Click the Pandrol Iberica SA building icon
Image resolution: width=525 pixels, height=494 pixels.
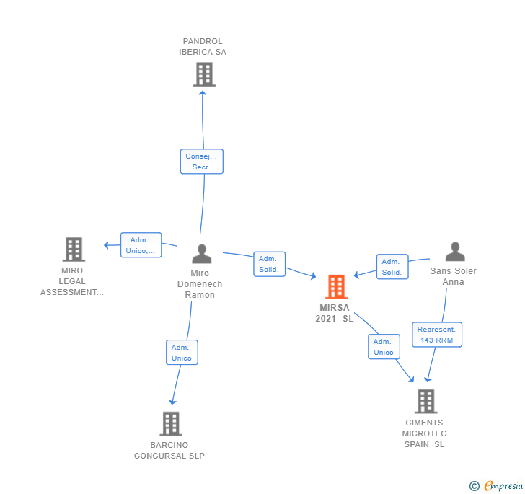tap(204, 74)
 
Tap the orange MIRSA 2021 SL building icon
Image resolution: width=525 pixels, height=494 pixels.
tap(335, 286)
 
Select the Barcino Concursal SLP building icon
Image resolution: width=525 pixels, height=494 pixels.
tap(171, 423)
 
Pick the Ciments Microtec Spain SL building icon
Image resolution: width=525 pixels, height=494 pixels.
tap(425, 401)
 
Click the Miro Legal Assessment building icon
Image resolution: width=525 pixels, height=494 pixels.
tap(74, 249)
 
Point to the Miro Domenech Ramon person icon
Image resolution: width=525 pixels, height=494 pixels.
tap(202, 254)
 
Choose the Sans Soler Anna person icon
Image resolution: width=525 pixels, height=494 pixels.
tap(454, 252)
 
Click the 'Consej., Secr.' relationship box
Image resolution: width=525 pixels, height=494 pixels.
tap(201, 162)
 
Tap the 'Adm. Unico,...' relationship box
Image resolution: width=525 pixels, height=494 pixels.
tap(141, 245)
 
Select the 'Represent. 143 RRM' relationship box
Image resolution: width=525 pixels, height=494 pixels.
tap(436, 335)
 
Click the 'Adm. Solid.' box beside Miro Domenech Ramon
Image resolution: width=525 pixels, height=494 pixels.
tap(269, 264)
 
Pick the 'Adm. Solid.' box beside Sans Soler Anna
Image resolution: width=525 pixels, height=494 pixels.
tap(392, 267)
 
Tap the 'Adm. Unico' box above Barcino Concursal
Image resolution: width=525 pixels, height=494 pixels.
tap(182, 353)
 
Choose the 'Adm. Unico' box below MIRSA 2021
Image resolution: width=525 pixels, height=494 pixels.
tap(384, 347)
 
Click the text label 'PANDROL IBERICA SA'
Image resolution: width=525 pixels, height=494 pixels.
tap(203, 47)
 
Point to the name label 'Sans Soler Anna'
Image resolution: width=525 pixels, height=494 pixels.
tap(453, 276)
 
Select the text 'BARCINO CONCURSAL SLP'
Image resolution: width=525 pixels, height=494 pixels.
tap(169, 451)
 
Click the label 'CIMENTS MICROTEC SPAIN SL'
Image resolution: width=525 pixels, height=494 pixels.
tap(425, 433)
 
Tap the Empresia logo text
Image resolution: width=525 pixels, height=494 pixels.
tap(503, 486)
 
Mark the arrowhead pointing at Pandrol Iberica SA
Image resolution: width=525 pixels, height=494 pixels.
tap(203, 93)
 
